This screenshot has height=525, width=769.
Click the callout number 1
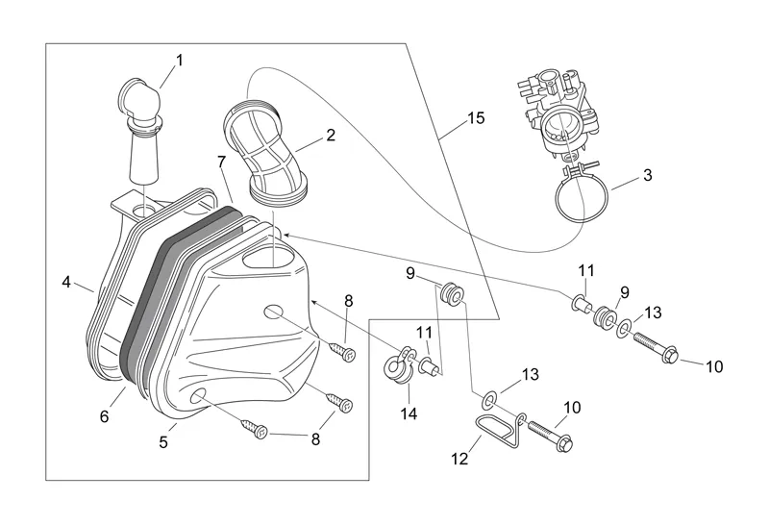click(x=179, y=61)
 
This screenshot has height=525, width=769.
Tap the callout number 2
click(x=330, y=136)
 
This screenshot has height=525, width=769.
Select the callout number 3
click(x=647, y=175)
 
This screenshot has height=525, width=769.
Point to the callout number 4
click(x=66, y=282)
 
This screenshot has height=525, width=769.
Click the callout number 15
click(x=475, y=118)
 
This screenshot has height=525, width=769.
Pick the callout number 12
click(x=459, y=459)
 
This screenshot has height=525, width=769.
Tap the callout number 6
click(x=105, y=416)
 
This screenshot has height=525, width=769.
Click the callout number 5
click(x=163, y=442)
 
